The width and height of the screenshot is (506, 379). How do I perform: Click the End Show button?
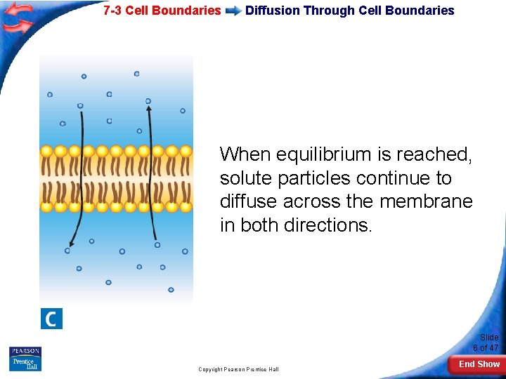pos(479,364)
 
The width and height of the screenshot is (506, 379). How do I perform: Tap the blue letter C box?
pos(51,319)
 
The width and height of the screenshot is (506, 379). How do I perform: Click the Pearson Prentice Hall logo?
pos(25,359)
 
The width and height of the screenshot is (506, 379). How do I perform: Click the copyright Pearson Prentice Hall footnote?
pos(238,369)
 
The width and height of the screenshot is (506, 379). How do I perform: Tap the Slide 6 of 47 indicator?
pos(488,343)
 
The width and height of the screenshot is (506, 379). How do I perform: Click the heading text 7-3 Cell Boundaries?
pos(162,11)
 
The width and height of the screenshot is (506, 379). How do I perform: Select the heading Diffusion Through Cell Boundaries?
pos(349,11)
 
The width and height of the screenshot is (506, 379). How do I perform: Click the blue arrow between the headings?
pos(233,11)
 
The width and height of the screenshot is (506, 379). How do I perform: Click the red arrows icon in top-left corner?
pos(18,17)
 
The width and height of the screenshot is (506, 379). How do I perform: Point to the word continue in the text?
pos(391,178)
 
